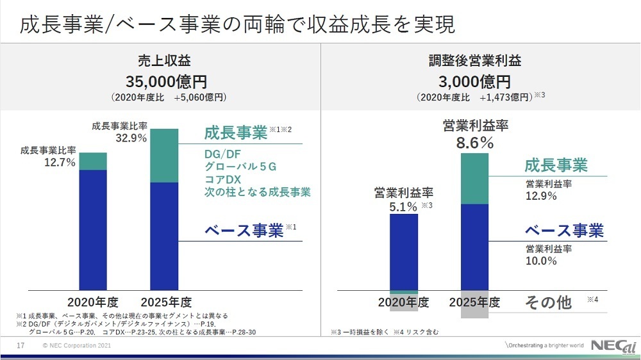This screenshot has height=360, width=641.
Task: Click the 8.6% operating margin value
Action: pos(475,143)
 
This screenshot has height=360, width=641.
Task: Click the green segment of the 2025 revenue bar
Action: pos(163,156)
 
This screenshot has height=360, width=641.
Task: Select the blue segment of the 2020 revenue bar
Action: pos(92,229)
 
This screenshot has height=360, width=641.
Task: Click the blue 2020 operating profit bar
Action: pos(404,252)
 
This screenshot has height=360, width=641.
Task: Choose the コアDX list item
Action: pos(222,179)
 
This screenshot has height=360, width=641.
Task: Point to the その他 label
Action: pos(548,302)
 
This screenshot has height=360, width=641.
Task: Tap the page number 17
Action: pos(20,346)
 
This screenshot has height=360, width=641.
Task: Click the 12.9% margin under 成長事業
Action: pos(541,197)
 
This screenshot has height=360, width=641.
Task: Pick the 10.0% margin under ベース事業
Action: pos(541,261)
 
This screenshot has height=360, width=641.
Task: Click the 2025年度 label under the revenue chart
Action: pos(165,302)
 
